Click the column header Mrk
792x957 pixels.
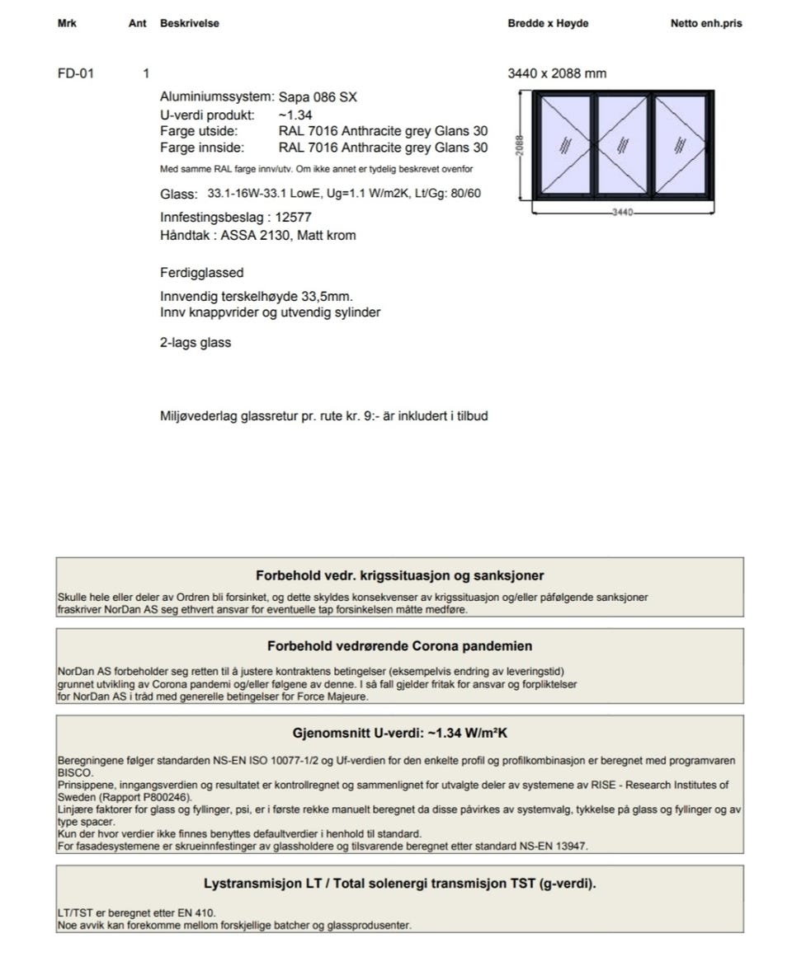click(x=67, y=23)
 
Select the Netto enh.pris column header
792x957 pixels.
click(x=706, y=23)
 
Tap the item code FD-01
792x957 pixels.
click(x=76, y=73)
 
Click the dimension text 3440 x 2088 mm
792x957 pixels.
click(x=557, y=73)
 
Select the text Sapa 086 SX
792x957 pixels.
click(x=318, y=97)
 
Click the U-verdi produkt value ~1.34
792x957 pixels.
click(x=295, y=115)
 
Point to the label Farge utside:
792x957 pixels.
click(x=199, y=131)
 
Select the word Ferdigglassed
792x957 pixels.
click(x=201, y=273)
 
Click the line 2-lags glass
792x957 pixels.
click(x=196, y=343)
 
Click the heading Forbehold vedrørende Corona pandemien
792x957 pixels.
click(x=399, y=646)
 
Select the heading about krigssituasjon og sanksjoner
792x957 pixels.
click(x=399, y=575)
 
